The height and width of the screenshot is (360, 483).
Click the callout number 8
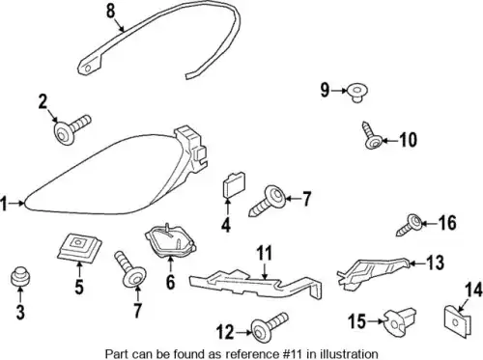110,11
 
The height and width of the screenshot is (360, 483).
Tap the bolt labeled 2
71,129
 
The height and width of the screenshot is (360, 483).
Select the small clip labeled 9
357,93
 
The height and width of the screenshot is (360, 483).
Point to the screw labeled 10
371,136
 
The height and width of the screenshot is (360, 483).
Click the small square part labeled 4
234,185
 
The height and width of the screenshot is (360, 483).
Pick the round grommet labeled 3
20,277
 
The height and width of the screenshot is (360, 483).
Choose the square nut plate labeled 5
79,247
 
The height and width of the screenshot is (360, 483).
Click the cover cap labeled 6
170,241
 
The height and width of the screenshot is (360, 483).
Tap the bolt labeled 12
270,326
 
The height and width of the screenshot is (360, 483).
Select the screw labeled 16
410,225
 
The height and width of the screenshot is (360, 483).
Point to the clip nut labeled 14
458,321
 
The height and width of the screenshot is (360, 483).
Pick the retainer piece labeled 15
400,322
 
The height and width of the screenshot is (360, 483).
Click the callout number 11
264,253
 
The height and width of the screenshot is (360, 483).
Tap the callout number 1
4,204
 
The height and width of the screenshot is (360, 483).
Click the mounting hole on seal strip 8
89,68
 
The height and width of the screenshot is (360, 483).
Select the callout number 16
447,223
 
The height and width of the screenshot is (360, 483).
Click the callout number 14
473,290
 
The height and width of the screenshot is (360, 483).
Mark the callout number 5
79,287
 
